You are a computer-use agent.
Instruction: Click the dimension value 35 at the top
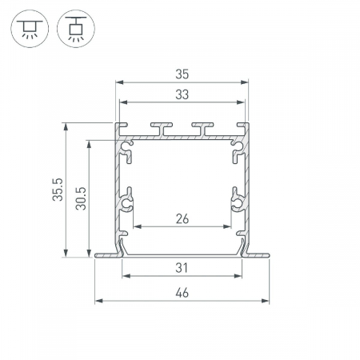(182, 74)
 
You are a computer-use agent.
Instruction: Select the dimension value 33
(182, 94)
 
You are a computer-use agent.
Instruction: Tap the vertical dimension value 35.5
(58, 190)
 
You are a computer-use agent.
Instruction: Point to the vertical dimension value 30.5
(81, 198)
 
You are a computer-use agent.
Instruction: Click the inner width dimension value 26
(182, 219)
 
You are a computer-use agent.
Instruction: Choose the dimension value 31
(182, 268)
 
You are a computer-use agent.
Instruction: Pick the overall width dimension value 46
(182, 293)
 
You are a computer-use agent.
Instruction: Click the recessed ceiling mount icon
(30, 29)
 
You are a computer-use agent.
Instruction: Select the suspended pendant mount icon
(76, 29)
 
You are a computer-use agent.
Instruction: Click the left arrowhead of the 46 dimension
(99, 301)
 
